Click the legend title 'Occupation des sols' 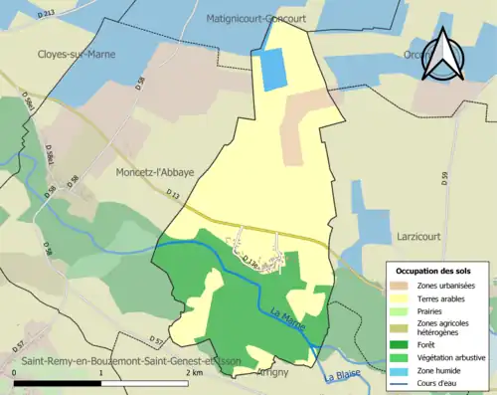434,271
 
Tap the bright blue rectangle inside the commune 271,69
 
